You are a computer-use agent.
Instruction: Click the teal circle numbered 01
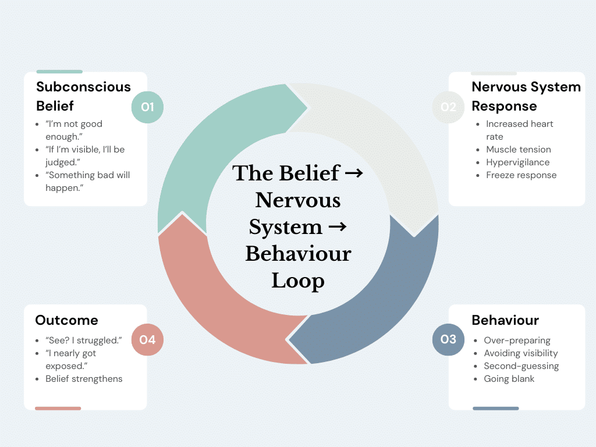pos(147,107)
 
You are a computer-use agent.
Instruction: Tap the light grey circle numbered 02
pos(448,107)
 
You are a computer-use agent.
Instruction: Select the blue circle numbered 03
pos(448,339)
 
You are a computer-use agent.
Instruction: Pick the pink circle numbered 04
pos(147,339)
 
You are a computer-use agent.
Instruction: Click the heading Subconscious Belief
pos(83,96)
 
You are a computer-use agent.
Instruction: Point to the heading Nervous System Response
pos(526,96)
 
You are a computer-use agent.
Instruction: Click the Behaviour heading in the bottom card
pos(505,320)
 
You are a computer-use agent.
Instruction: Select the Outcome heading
pos(66,320)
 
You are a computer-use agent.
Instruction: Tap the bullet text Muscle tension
pos(518,150)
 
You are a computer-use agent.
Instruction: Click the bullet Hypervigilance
pos(517,162)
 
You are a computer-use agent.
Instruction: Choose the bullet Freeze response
pos(521,175)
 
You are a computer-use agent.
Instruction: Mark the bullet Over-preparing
pos(517,340)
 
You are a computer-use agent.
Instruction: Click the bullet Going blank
pos(509,379)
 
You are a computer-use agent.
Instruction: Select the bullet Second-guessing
pos(521,366)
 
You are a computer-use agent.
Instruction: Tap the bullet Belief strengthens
pos(84,379)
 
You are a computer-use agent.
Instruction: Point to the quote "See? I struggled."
pos(83,340)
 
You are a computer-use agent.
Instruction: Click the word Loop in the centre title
pos(297,281)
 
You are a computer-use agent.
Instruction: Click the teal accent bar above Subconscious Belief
pos(59,72)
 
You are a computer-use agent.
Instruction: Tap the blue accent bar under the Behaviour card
pos(495,409)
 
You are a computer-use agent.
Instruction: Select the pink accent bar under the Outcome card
pos(58,409)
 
